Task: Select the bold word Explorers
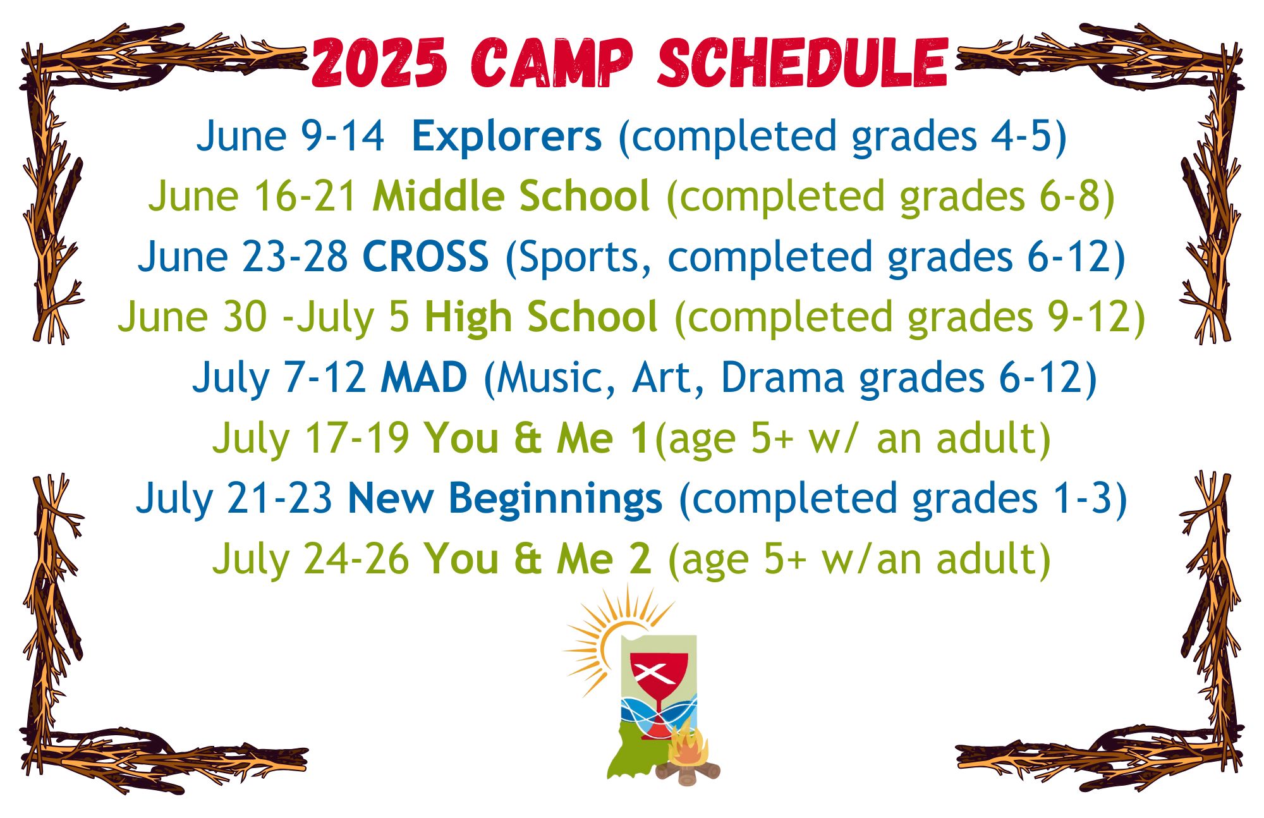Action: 507,137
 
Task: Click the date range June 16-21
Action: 253,197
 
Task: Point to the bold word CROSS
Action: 426,257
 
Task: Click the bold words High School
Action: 541,317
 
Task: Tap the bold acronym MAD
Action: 424,378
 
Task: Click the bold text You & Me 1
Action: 537,438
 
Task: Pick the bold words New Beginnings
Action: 505,499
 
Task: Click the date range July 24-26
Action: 311,559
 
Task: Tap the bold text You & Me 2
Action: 538,559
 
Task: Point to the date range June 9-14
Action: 290,137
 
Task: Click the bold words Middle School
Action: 511,197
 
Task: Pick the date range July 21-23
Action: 234,499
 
